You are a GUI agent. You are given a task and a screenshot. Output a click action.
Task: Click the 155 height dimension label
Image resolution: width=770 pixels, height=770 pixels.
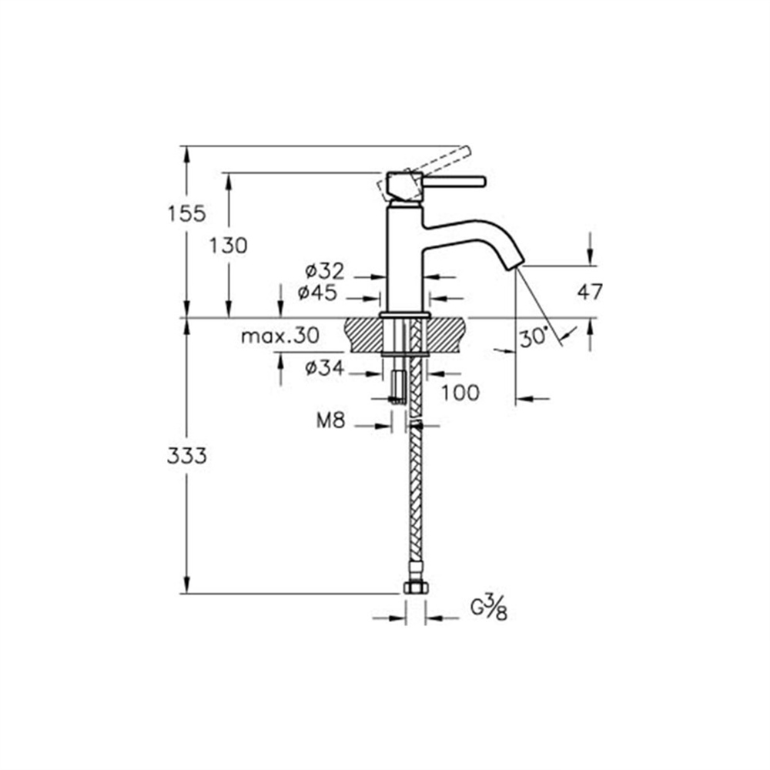coord(186,214)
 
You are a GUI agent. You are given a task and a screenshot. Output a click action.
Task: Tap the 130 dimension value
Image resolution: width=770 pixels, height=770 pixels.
coord(229,246)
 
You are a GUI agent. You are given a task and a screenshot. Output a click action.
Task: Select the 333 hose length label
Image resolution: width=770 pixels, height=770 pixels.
coord(186,457)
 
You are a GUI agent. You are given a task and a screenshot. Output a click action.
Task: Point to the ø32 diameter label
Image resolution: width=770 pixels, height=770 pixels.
coord(325,271)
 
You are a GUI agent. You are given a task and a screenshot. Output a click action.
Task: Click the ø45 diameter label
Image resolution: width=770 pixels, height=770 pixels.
coord(317,293)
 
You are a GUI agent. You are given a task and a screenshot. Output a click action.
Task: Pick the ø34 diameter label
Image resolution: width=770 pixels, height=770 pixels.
coord(325,368)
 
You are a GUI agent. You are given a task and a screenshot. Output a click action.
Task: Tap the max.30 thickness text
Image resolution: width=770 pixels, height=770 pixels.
coord(280,336)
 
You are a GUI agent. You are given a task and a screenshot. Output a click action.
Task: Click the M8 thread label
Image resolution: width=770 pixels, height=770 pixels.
coord(331,420)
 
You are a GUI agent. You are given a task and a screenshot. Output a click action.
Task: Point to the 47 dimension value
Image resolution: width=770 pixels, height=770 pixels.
coord(589,292)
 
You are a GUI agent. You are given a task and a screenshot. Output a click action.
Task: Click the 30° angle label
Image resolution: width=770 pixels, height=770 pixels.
coord(534,338)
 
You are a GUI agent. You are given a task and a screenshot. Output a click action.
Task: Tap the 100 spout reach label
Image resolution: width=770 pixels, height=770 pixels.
coord(460,393)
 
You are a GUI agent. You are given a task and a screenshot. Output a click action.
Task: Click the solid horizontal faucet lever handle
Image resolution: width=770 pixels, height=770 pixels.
coord(454,181)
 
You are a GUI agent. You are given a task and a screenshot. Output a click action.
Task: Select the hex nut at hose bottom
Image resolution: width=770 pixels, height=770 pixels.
coord(416,587)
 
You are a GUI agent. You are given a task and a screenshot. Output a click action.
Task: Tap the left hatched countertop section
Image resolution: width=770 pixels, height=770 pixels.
coord(364,335)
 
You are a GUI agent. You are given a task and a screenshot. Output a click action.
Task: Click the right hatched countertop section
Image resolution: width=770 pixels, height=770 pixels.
coord(446,335)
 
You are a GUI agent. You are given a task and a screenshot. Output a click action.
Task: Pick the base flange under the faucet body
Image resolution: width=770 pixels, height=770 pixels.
coord(405,315)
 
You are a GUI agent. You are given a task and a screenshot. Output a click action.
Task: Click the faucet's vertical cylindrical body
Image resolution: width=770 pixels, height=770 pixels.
coord(405,258)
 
